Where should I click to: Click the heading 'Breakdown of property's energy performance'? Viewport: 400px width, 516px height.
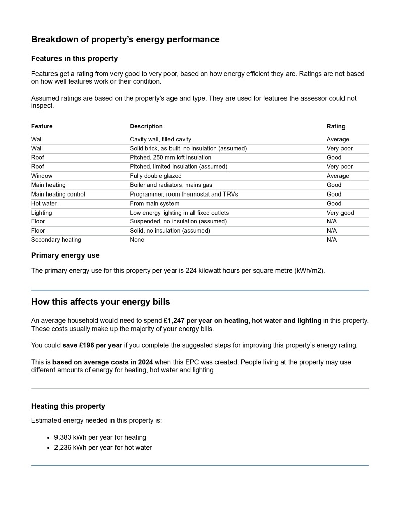click(x=125, y=39)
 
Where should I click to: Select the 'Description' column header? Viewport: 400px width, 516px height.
click(x=146, y=126)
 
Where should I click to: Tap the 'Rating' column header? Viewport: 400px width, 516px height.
click(x=336, y=126)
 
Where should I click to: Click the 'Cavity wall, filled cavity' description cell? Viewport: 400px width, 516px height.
click(x=160, y=139)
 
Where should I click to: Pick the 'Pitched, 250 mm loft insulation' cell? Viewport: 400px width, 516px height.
click(x=170, y=158)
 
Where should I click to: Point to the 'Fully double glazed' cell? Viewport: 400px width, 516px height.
click(x=155, y=176)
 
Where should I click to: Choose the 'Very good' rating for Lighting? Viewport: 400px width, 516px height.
click(x=340, y=213)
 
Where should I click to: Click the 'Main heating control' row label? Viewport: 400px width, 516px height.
click(x=58, y=194)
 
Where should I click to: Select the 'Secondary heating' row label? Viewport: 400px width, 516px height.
click(x=56, y=240)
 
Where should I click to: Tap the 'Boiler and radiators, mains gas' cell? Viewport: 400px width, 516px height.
click(x=171, y=185)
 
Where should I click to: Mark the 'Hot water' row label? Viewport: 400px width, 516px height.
click(x=44, y=204)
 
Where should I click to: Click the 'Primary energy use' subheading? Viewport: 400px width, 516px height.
click(x=66, y=255)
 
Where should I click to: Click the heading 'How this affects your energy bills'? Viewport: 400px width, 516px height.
click(x=100, y=302)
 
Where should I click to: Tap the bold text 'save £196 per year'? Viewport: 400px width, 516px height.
click(x=92, y=345)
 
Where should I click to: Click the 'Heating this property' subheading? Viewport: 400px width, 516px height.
click(x=68, y=406)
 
